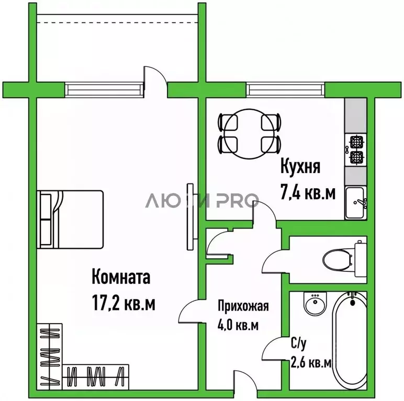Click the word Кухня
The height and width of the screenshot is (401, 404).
pos(300,168)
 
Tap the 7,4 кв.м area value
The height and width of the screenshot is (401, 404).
pos(308,193)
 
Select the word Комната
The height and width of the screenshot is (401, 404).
pos(121,277)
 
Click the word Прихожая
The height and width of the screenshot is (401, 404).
pos(243,306)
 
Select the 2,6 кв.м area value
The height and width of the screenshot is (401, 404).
pos(311,362)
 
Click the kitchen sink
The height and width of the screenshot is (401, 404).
pos(356,201)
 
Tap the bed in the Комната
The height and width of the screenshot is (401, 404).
pos(70,219)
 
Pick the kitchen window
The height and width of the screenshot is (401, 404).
pos(285,89)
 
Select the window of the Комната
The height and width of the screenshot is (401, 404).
pos(104,89)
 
